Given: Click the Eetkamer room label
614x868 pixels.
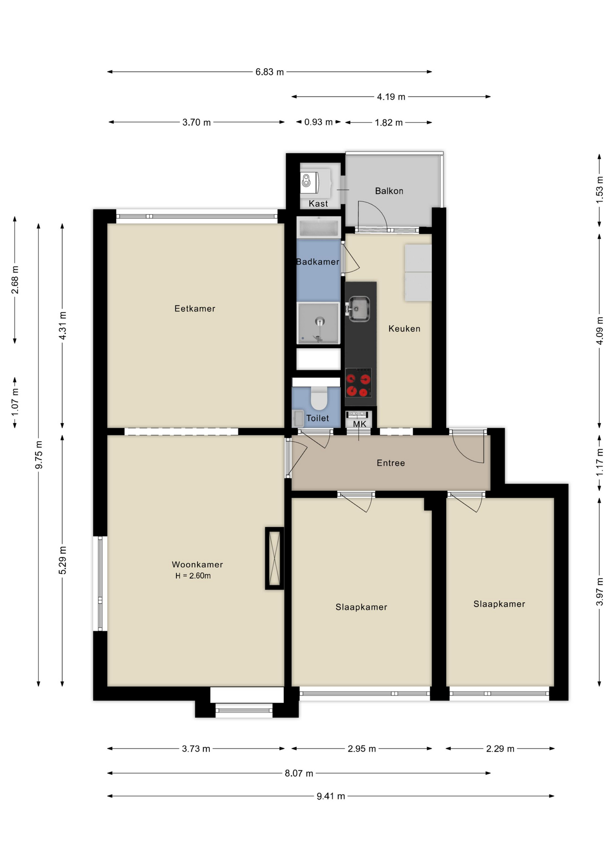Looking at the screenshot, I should [x=194, y=308].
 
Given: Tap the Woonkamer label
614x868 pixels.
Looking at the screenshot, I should [x=197, y=564].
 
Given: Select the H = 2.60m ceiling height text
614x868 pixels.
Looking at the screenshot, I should [x=193, y=576].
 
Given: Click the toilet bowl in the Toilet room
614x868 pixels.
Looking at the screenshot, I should [x=319, y=398].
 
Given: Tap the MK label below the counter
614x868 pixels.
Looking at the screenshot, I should [x=359, y=424].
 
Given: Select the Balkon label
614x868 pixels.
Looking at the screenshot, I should [x=389, y=191].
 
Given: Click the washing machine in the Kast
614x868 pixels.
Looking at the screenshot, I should [x=310, y=182].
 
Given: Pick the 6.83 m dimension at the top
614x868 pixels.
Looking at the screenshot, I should [x=269, y=72].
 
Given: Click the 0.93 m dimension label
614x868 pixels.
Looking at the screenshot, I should [x=318, y=122].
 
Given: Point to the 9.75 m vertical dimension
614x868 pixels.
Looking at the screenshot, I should [x=39, y=454].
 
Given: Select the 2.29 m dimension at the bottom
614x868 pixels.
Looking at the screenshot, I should [x=500, y=749].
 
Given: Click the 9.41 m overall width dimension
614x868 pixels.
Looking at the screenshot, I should [x=331, y=796].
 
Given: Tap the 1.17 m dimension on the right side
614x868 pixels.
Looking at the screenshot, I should [x=600, y=462].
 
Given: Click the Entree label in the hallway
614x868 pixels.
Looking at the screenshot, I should [x=391, y=463].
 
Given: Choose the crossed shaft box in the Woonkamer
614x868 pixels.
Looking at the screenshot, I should [x=274, y=558].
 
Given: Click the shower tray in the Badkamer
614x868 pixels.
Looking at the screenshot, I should [x=318, y=323].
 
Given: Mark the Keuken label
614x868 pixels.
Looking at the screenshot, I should [x=404, y=329].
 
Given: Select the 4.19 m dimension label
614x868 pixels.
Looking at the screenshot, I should [x=391, y=97].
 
